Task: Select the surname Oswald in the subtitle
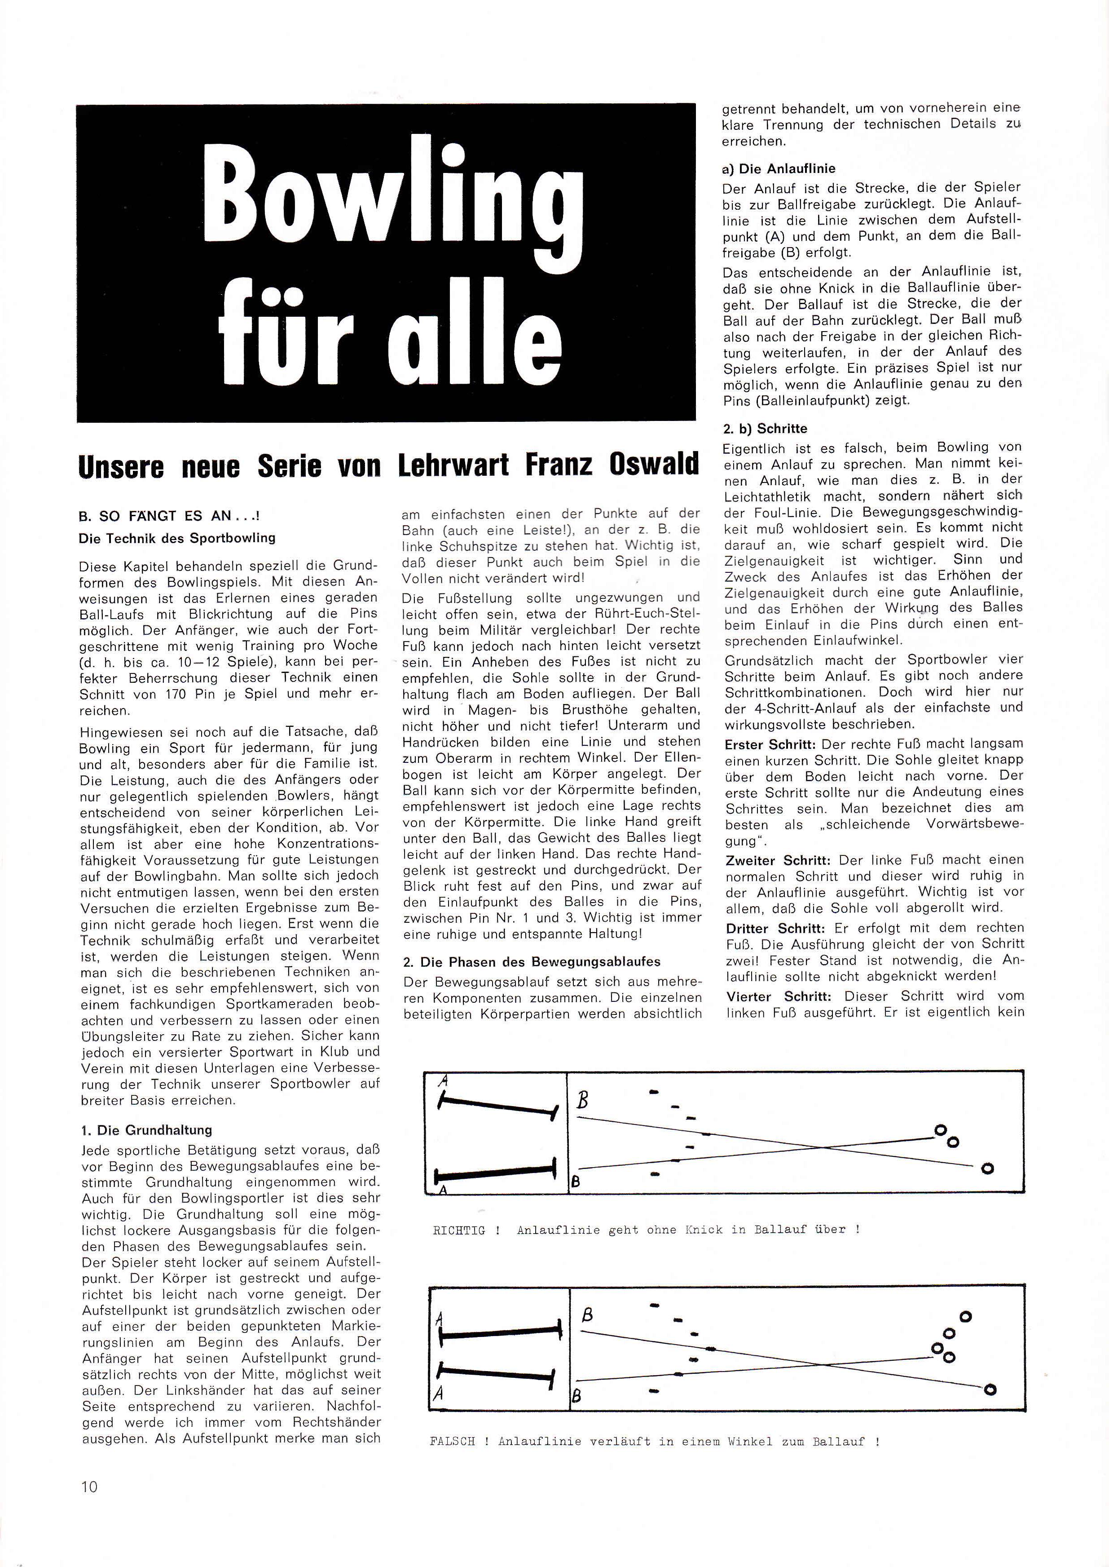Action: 654,465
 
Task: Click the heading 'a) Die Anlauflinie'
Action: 779,169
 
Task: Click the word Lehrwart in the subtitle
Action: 453,465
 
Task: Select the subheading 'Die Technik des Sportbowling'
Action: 177,538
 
